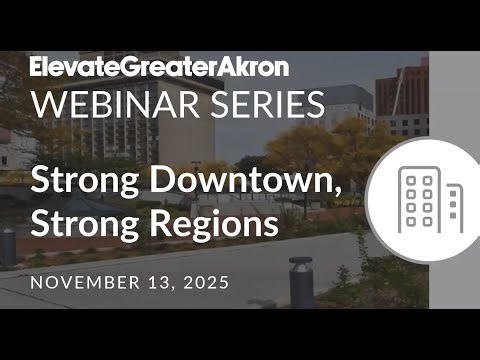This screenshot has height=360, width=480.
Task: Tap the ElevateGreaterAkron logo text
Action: coord(159,68)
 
